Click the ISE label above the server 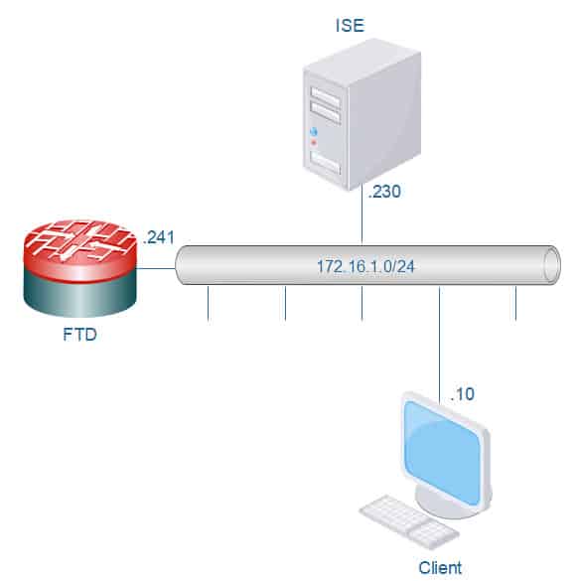(350, 25)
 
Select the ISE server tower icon (362, 114)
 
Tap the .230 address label (384, 192)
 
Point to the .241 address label (159, 237)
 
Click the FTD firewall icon (80, 266)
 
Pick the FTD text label (79, 335)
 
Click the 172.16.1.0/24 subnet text (365, 266)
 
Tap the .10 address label (463, 394)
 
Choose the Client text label (440, 568)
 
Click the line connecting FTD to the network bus (156, 268)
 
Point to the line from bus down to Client (440, 345)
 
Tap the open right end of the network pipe (551, 265)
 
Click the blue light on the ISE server (314, 132)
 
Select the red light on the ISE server (314, 143)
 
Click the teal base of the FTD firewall (80, 296)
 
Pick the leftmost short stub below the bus (209, 303)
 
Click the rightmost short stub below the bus (515, 303)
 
